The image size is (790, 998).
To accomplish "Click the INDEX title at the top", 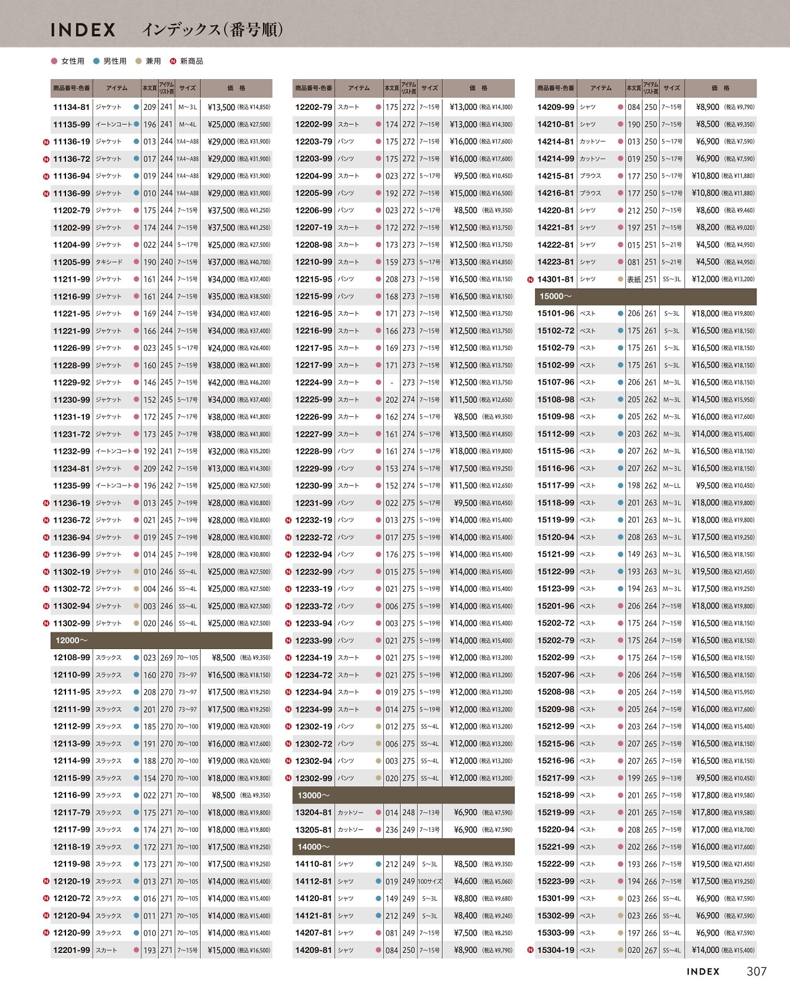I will tap(83, 30).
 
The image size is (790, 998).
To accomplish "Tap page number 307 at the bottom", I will tap(756, 971).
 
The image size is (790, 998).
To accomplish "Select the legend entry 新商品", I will tap(191, 61).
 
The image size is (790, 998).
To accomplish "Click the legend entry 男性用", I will tap(115, 61).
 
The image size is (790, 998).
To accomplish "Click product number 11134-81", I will tap(72, 107).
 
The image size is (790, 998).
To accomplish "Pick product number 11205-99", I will tap(72, 262).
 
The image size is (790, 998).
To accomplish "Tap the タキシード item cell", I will tap(109, 262).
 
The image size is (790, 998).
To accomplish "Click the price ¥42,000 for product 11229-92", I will tap(221, 382).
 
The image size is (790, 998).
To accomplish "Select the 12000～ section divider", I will tap(161, 640).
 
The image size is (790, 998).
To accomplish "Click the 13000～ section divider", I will tap(403, 795).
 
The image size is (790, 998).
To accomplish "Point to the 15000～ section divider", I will tap(645, 296).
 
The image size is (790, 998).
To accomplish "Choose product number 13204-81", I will tap(314, 813).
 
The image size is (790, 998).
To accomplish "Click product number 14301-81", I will tap(555, 279).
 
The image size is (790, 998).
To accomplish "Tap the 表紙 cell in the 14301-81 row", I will tap(634, 279).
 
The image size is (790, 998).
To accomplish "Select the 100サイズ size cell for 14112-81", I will tap(430, 881).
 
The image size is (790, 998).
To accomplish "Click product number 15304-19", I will tap(555, 950).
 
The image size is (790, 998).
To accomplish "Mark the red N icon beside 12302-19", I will tap(288, 727).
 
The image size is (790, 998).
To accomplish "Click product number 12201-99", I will tap(72, 950).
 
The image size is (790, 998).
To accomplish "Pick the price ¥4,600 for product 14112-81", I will tap(465, 881).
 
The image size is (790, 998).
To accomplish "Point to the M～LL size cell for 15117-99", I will tap(672, 485).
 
